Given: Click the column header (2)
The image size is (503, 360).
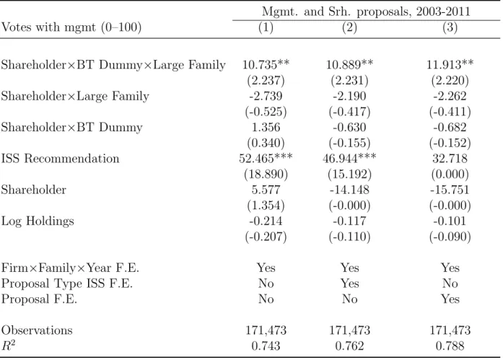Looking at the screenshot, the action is pos(349,27).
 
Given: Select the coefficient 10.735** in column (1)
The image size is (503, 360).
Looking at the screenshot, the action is pos(266,65).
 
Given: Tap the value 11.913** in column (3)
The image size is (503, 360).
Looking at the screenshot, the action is pos(450,65).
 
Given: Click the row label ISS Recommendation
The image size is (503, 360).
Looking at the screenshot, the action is pos(60,159).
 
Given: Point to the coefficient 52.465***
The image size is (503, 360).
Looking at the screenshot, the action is pos(266,159).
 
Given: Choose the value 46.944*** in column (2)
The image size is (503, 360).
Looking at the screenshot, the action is pos(349,159).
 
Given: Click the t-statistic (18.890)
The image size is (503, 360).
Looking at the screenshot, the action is pos(266,174).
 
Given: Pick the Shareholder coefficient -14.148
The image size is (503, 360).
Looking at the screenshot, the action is pos(349,190).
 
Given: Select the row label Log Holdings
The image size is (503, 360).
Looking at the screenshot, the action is pos(38,221).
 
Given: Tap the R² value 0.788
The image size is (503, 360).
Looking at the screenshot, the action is pos(450,346).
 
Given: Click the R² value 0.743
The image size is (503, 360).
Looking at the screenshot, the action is pos(266,346).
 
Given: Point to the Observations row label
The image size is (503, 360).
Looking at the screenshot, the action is pos(37,330).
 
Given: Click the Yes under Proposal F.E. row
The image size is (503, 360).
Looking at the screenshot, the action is pos(450,299).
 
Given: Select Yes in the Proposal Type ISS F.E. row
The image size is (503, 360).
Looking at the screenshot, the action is pos(349,284).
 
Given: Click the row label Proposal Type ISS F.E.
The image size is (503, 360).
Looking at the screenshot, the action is pos(66,284).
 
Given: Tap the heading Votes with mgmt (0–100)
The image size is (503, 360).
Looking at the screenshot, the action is pos(71,27).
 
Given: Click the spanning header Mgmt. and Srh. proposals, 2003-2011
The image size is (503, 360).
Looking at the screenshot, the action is pos(366,12).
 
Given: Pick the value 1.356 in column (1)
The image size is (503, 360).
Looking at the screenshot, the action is pos(266,127).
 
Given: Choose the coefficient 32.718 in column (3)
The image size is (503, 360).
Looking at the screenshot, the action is pos(450,159).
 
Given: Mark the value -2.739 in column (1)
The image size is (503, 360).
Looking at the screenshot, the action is pos(266,96).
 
